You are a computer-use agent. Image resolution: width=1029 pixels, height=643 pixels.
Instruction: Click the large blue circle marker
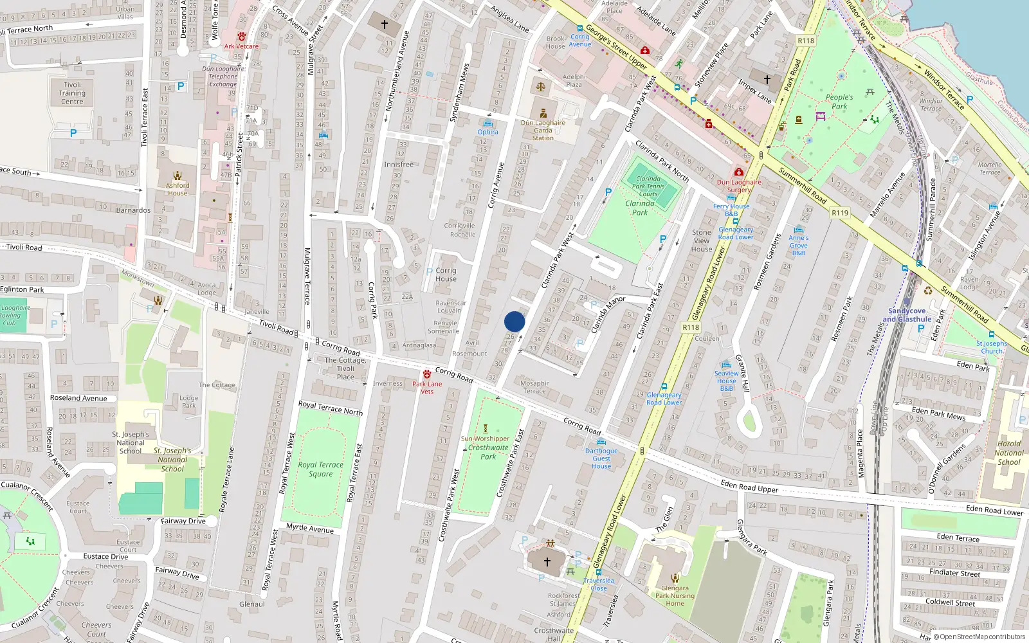[514, 321]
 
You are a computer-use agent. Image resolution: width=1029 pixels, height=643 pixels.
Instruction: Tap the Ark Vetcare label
[241, 46]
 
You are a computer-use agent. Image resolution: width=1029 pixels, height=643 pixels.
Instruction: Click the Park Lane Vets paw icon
[426, 374]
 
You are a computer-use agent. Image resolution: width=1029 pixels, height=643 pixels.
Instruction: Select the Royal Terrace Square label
[320, 469]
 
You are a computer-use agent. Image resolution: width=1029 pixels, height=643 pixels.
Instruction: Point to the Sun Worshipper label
[485, 439]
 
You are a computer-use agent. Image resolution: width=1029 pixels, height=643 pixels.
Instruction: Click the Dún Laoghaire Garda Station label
[543, 131]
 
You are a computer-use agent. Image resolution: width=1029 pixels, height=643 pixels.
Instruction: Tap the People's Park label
[839, 102]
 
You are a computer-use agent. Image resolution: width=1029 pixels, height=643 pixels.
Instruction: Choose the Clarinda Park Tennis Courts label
[648, 186]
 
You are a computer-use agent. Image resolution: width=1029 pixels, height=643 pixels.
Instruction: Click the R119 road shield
[839, 213]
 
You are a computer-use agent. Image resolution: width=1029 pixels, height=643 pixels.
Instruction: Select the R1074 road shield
[690, 327]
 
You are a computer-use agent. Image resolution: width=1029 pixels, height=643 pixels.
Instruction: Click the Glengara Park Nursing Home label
[675, 595]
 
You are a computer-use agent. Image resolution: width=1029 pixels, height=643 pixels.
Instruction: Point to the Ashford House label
[178, 189]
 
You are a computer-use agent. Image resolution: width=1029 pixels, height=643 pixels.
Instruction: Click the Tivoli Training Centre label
[72, 93]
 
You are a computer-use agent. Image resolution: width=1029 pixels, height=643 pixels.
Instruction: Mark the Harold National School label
[1008, 453]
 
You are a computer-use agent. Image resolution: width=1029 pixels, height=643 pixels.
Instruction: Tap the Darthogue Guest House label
[601, 458]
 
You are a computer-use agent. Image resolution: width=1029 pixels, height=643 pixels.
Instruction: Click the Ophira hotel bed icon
[487, 123]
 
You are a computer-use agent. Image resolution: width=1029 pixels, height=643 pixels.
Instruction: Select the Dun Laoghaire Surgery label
[739, 186]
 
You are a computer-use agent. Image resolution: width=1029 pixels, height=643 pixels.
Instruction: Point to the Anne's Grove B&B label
[798, 245]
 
